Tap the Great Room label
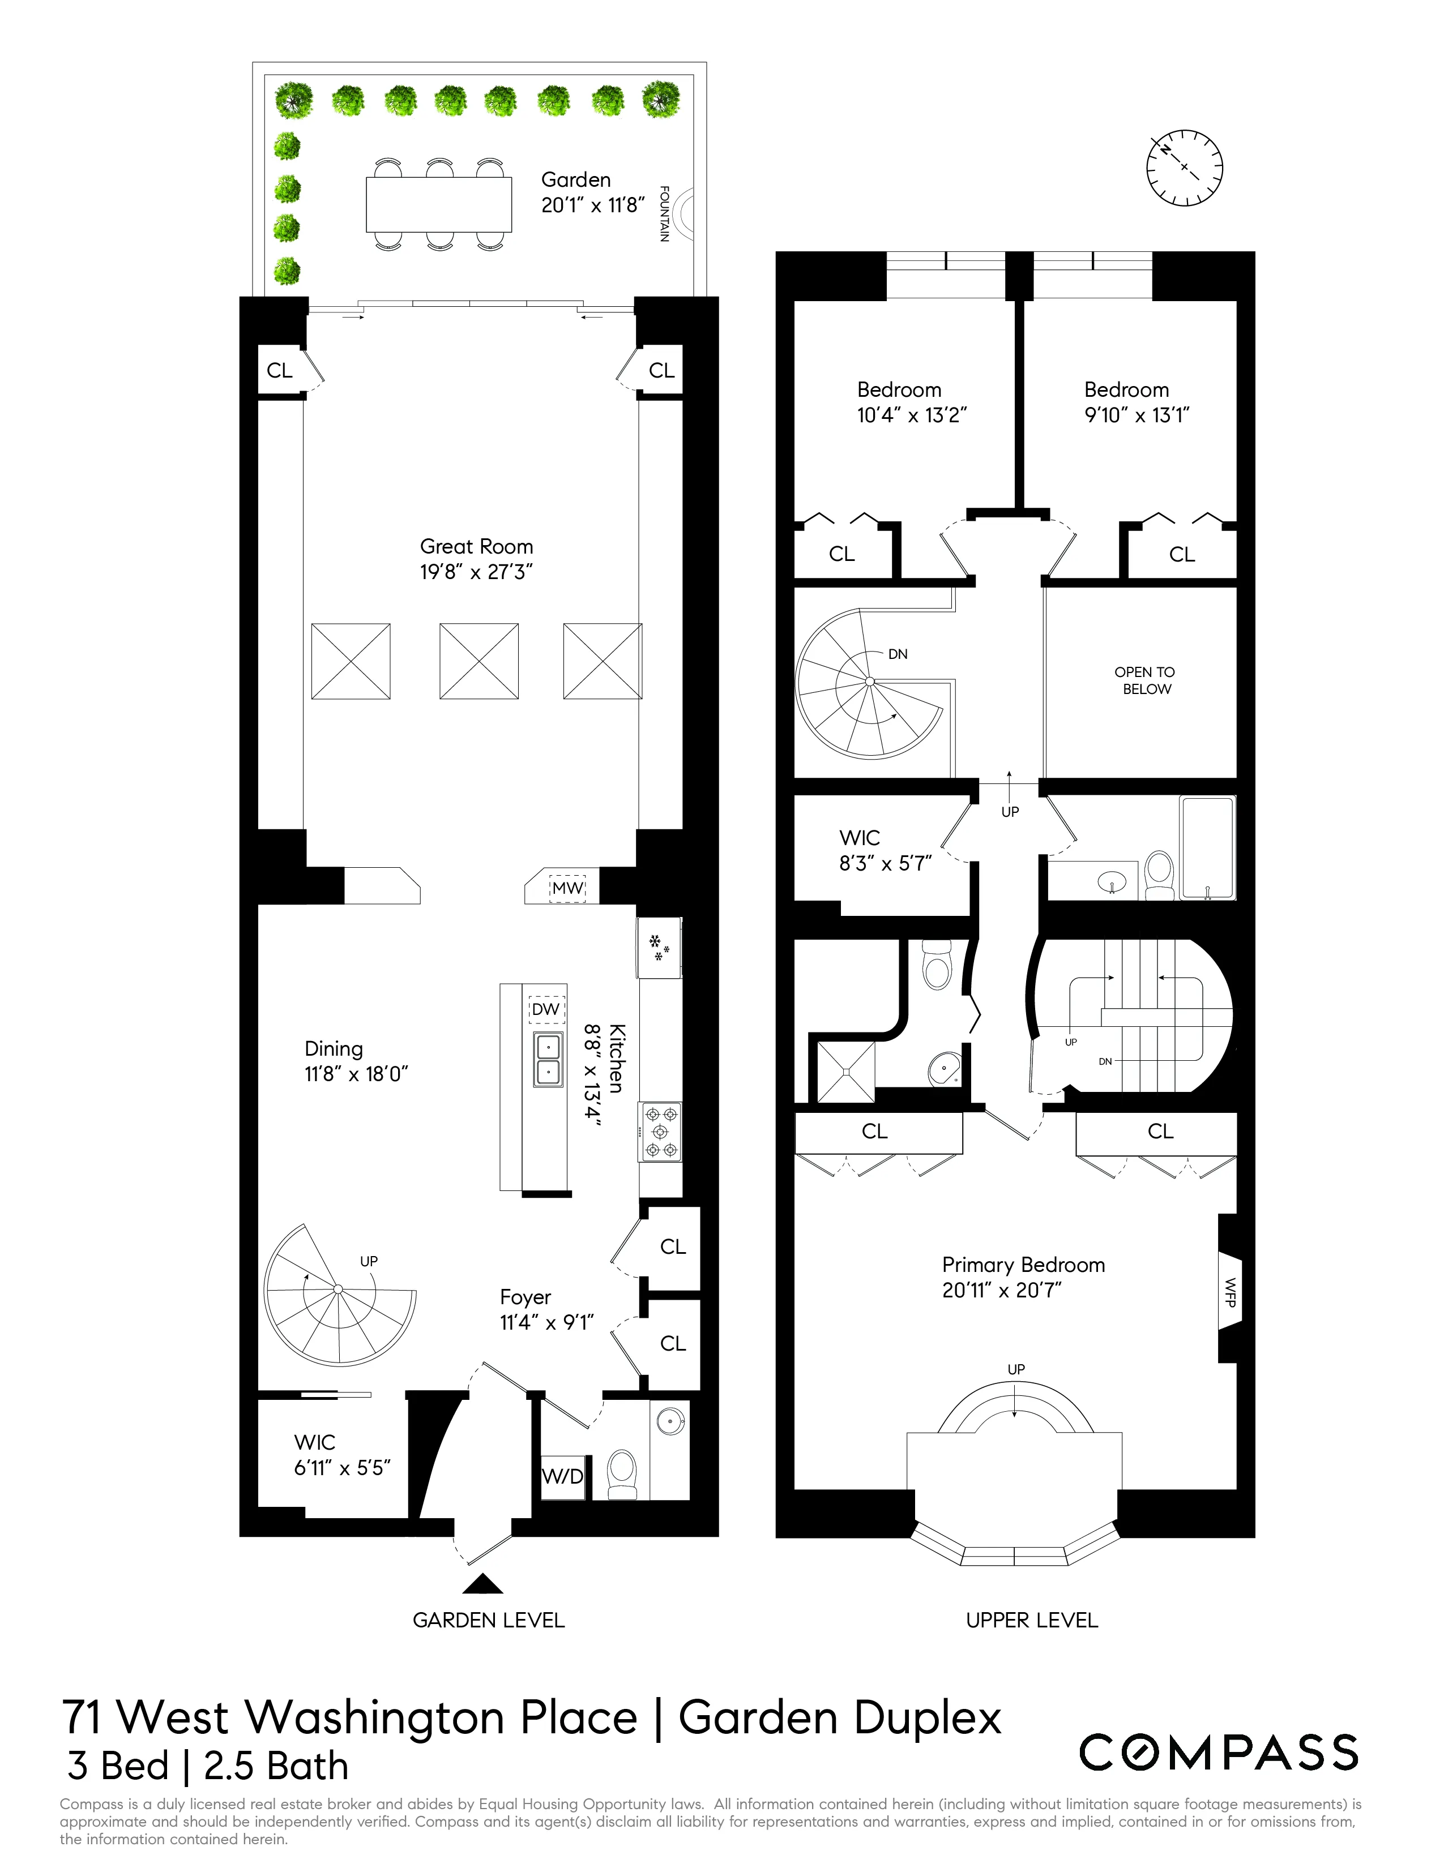pyautogui.click(x=476, y=547)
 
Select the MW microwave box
pyautogui.click(x=568, y=888)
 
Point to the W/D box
pyautogui.click(x=563, y=1476)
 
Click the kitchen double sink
pyautogui.click(x=548, y=1060)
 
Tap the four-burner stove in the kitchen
pyautogui.click(x=660, y=1132)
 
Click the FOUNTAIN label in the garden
pyautogui.click(x=664, y=214)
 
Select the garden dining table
pyautogui.click(x=439, y=204)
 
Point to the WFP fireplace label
pyautogui.click(x=1230, y=1297)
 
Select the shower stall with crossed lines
pyautogui.click(x=846, y=1071)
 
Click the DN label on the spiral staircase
pyautogui.click(x=898, y=654)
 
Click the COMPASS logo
pyautogui.click(x=1218, y=1753)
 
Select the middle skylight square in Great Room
pyautogui.click(x=479, y=661)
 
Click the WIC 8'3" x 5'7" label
pyautogui.click(x=885, y=850)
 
